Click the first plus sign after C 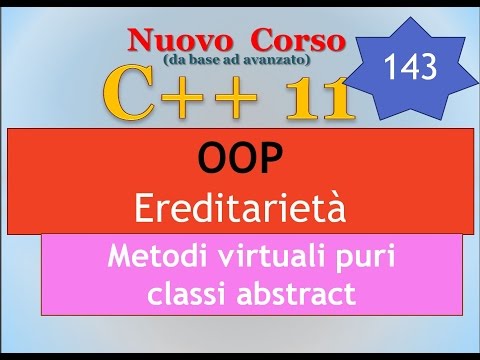pos(190,100)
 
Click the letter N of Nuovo pos(138,42)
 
